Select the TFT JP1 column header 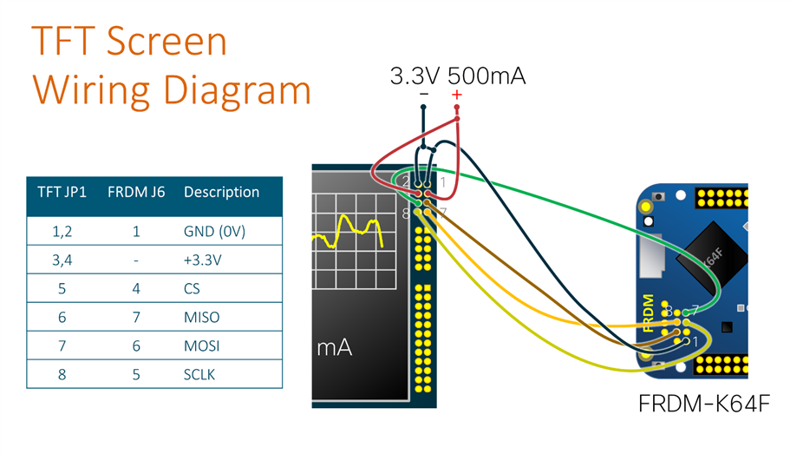point(62,192)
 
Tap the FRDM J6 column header point(135,192)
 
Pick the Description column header point(221,192)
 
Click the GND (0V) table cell point(214,232)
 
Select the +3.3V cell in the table point(203,260)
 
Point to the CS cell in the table point(193,288)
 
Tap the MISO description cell point(201,317)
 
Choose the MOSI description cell point(201,345)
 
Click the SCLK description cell point(200,374)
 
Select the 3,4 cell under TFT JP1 point(62,260)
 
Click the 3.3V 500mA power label point(457,76)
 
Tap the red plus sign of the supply point(457,95)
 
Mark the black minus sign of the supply point(423,95)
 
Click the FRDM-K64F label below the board point(703,404)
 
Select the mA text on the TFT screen point(334,348)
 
